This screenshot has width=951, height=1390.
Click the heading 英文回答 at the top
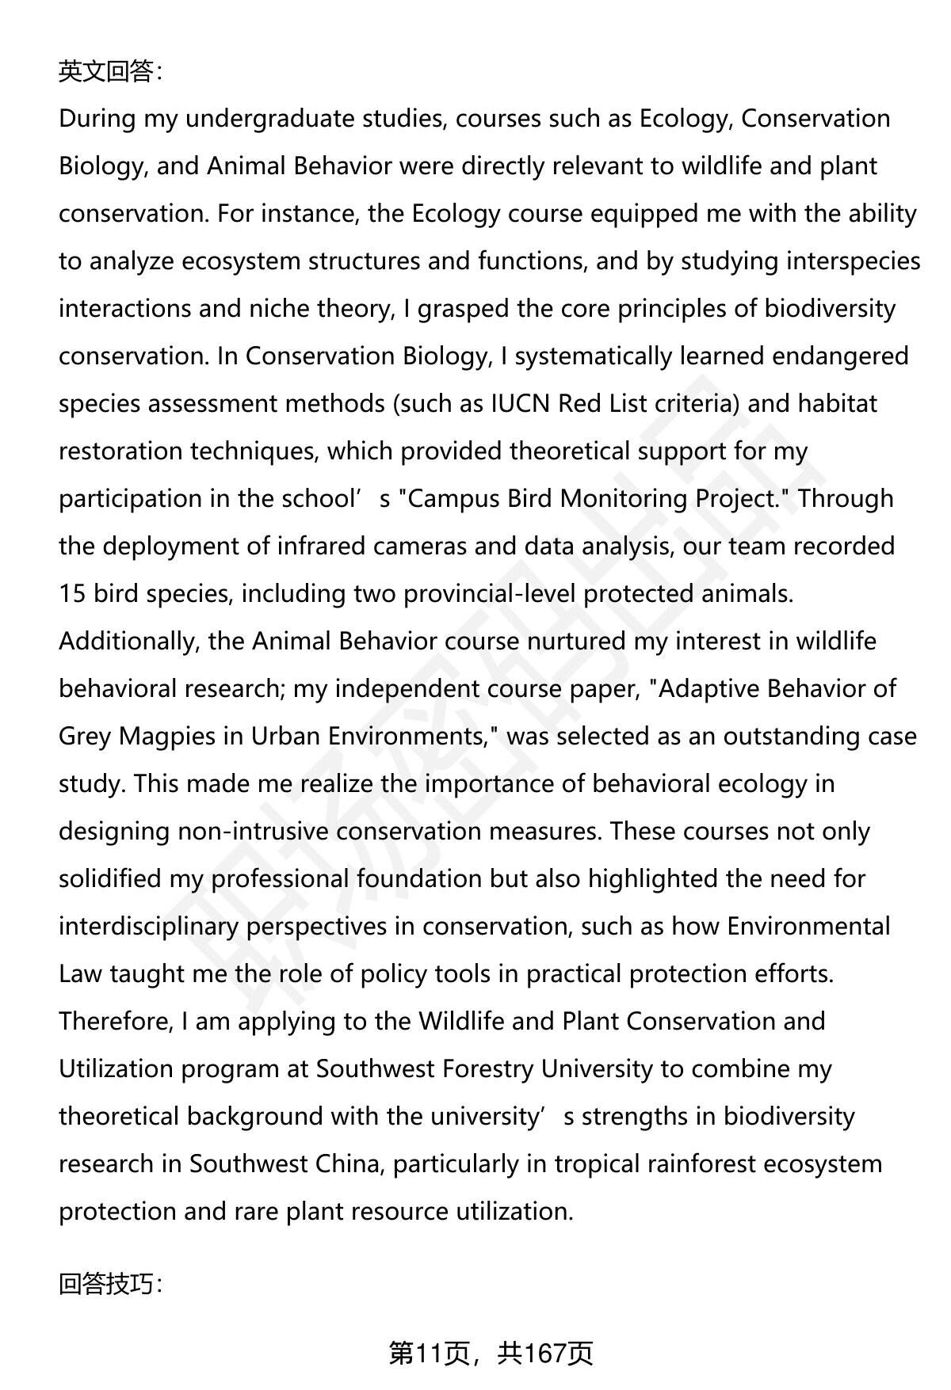(109, 72)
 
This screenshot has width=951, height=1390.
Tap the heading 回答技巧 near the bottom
(109, 1284)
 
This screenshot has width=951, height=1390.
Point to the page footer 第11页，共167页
(491, 1354)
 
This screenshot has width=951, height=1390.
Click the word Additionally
(127, 642)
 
